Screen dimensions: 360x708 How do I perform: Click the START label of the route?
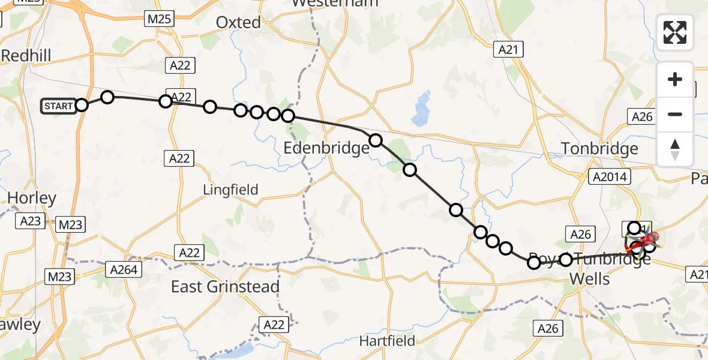58,107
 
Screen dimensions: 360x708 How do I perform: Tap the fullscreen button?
675,32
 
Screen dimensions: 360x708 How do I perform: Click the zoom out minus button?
675,114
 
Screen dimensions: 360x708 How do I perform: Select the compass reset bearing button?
675,149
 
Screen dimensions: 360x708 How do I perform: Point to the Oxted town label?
238,23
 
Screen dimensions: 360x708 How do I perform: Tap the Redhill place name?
26,56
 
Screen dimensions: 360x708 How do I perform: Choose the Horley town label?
32,198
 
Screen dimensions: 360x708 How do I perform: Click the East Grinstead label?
225,287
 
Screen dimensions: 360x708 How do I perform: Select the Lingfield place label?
230,190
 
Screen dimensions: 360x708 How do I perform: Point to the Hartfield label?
387,341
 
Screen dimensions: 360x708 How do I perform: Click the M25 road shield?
159,19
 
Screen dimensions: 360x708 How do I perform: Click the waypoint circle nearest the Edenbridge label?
375,140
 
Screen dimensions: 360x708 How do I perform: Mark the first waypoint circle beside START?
82,105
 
